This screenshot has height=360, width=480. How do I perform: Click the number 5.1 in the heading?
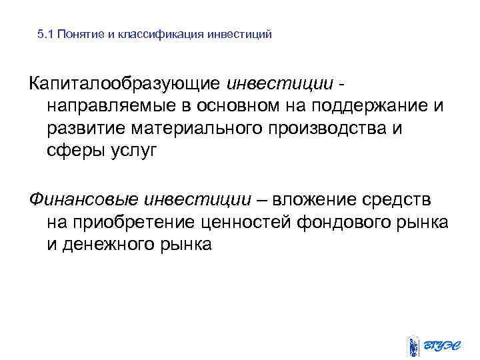coord(45,34)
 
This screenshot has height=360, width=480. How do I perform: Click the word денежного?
coord(109,243)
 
